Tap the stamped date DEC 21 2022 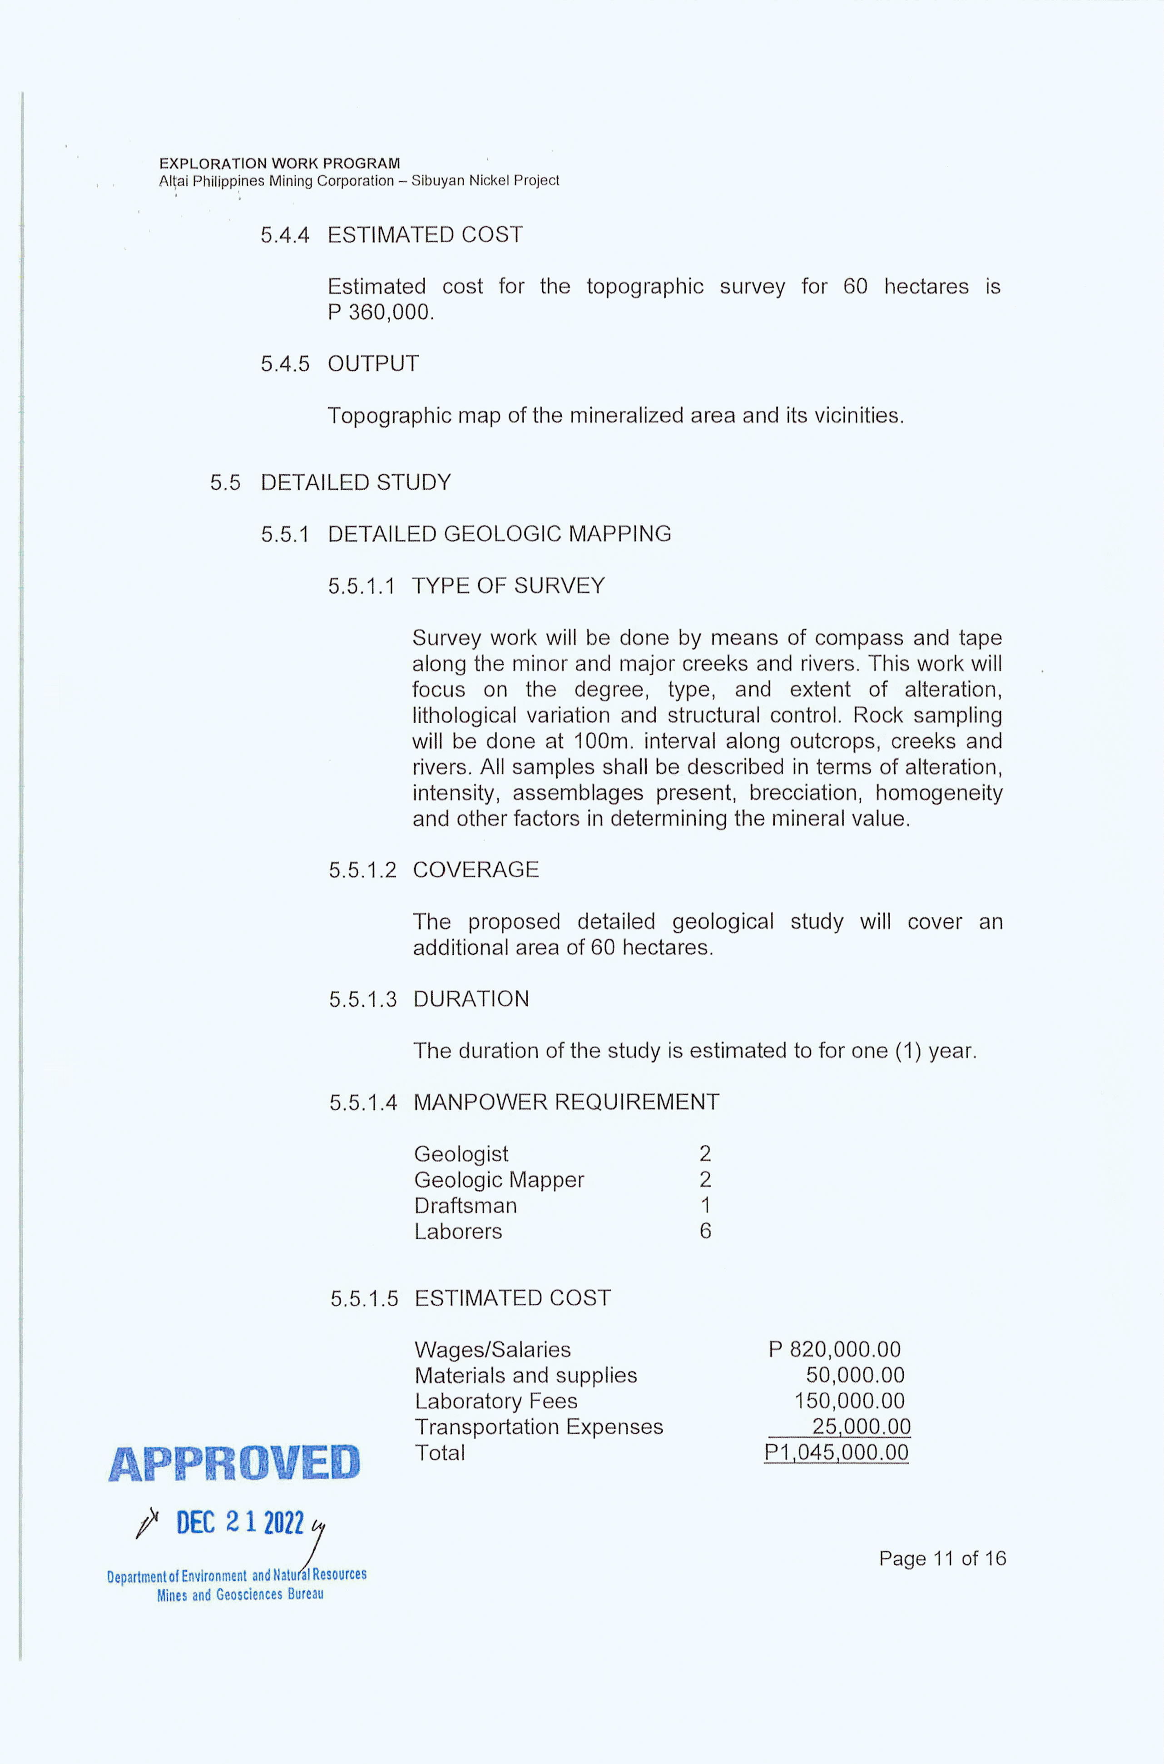pyautogui.click(x=240, y=1524)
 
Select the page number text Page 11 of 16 pyautogui.click(x=942, y=1558)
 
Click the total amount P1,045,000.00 pyautogui.click(x=836, y=1453)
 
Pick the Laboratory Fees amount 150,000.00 pyautogui.click(x=849, y=1401)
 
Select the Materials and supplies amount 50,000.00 pyautogui.click(x=855, y=1375)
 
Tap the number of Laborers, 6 pyautogui.click(x=705, y=1231)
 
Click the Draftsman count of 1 pyautogui.click(x=705, y=1205)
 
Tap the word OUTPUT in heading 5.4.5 pyautogui.click(x=373, y=364)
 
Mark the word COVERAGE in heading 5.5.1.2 pyautogui.click(x=476, y=870)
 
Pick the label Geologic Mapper pyautogui.click(x=499, y=1180)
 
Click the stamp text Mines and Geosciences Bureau pyautogui.click(x=240, y=1595)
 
